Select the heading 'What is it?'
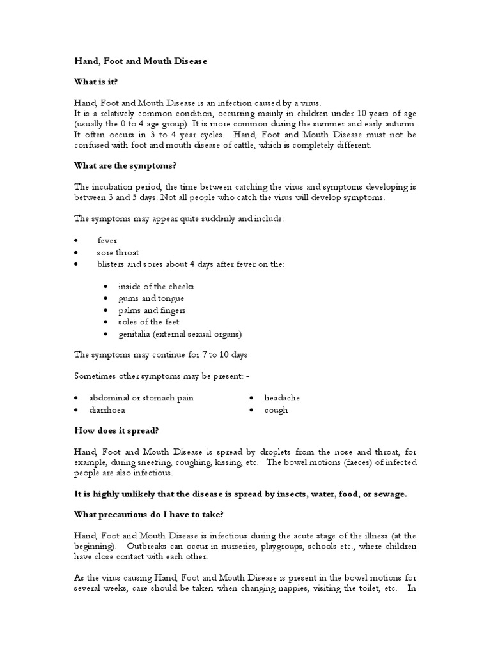[x=96, y=82]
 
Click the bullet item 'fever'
[x=107, y=241]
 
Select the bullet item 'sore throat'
[x=118, y=252]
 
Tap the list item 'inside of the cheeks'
[x=155, y=287]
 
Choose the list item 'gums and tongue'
[x=151, y=298]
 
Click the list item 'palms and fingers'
[x=152, y=310]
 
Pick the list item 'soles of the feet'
[x=149, y=322]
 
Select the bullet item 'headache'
[x=282, y=398]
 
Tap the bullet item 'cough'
[x=276, y=410]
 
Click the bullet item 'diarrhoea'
[x=107, y=410]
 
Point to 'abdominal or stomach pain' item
[x=141, y=398]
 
